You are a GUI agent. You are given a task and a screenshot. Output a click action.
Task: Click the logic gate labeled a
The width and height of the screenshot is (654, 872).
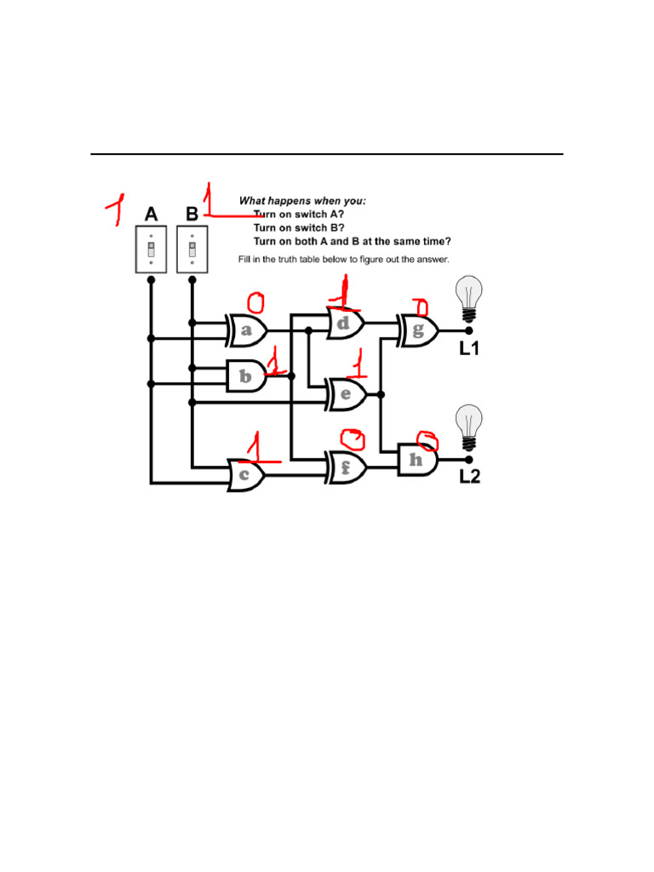[x=247, y=330]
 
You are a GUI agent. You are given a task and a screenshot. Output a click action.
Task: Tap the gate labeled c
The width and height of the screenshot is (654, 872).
[x=246, y=475]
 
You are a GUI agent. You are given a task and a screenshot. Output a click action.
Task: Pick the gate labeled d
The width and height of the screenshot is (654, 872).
[x=346, y=324]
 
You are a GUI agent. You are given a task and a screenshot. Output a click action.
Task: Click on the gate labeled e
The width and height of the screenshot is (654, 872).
[x=347, y=393]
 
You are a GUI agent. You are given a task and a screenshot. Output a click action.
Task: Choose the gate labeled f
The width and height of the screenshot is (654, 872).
[x=347, y=468]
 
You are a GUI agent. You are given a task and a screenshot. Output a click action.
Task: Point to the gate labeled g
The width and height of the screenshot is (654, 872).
[x=418, y=330]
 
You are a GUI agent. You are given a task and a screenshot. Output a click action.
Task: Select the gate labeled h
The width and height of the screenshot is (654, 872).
[x=417, y=460]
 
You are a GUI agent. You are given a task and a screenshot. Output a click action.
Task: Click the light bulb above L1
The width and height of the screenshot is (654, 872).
[x=468, y=297]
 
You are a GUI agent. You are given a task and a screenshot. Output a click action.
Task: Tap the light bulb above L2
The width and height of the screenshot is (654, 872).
[x=468, y=427]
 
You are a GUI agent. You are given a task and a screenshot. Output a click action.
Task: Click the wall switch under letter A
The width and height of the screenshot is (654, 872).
[x=151, y=249]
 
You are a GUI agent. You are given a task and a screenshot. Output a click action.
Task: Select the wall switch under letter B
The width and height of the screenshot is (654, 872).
[x=192, y=249]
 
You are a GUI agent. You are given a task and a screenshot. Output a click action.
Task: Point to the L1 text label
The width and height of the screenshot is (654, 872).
[x=469, y=348]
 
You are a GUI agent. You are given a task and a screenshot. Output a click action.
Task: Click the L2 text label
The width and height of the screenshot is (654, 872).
[x=469, y=477]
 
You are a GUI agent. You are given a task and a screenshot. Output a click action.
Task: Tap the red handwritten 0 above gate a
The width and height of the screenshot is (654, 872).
[x=255, y=301]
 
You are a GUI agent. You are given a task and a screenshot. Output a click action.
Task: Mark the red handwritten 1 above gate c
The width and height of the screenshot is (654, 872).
[x=254, y=447]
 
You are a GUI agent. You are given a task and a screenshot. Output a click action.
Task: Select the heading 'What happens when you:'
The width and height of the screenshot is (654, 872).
[x=302, y=201]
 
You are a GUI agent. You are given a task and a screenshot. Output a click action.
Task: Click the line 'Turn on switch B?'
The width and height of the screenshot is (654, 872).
[x=299, y=228]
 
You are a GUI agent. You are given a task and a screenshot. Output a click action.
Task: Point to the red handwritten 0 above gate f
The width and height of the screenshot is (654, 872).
[x=352, y=439]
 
